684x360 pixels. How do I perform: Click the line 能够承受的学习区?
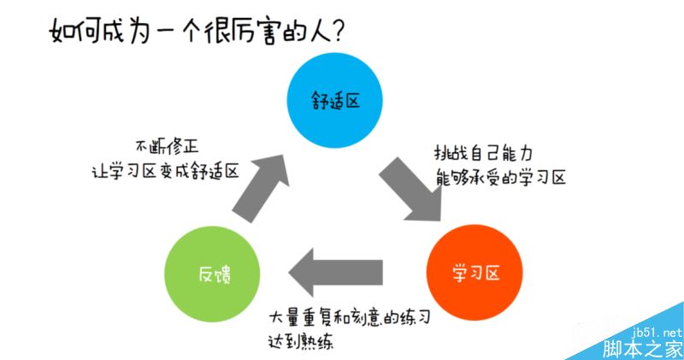500,179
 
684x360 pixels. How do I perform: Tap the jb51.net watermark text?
659,332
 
